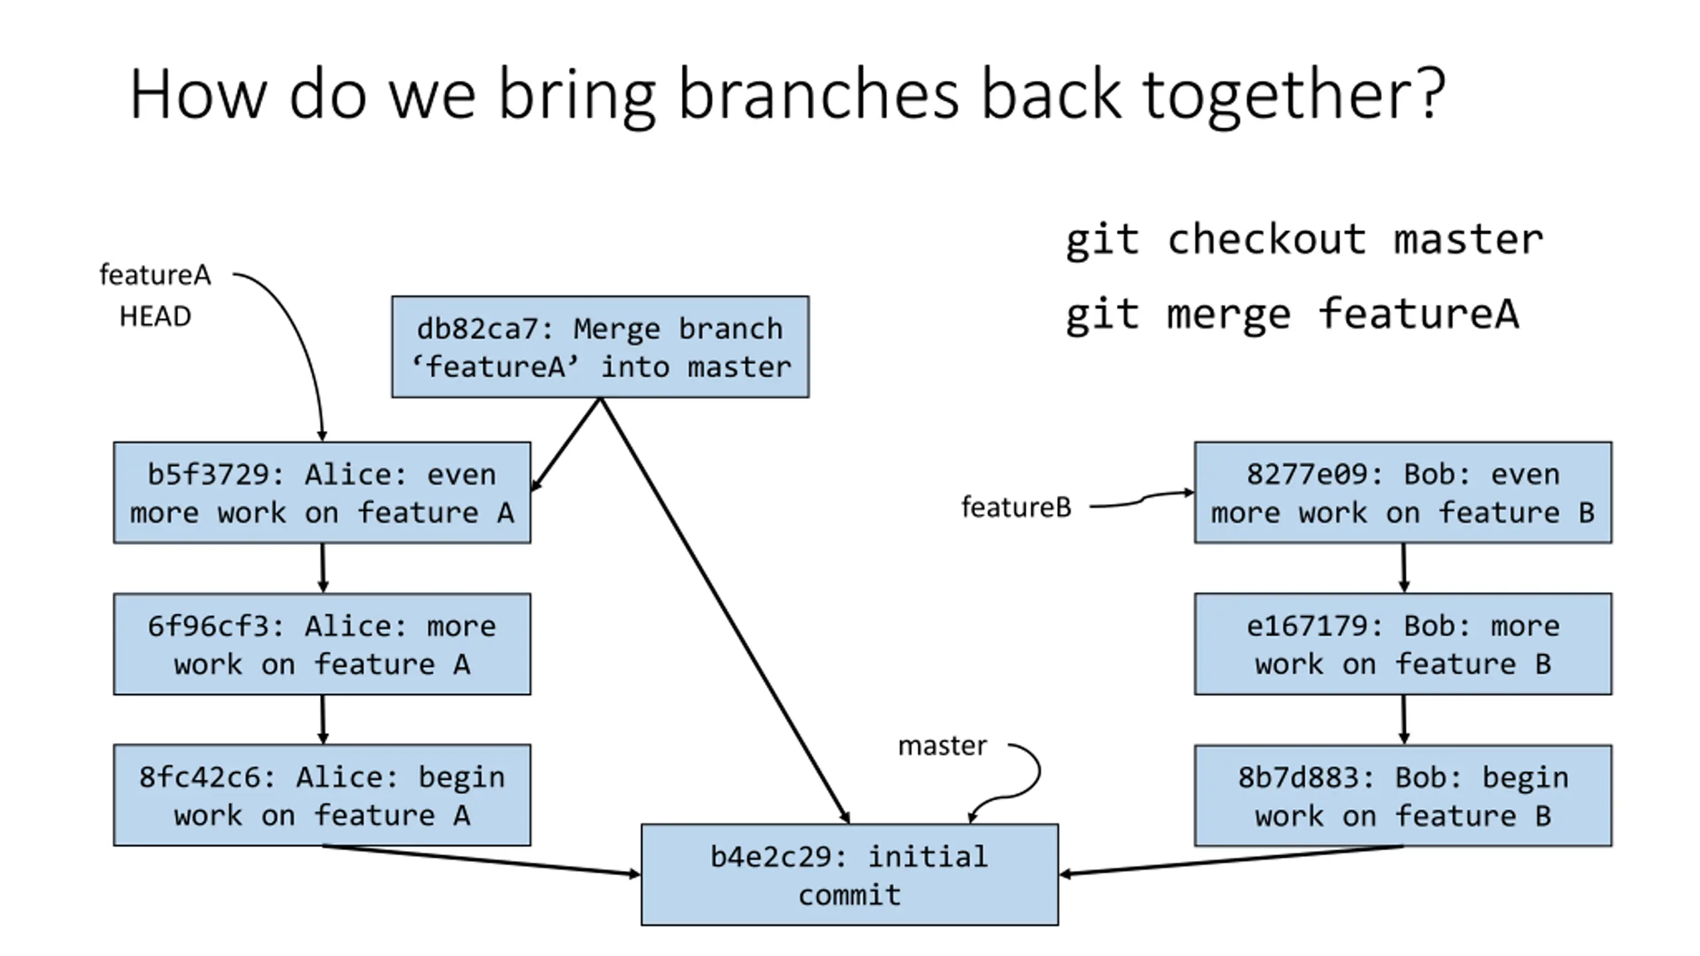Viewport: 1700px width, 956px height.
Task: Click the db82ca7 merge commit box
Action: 600,347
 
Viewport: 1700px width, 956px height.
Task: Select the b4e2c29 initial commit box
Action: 849,874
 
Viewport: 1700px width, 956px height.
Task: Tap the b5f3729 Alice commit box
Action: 322,493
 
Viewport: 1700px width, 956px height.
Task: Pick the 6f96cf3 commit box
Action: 322,644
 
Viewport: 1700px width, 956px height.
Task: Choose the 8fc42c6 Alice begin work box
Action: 322,795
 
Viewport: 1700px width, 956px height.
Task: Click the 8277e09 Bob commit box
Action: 1403,493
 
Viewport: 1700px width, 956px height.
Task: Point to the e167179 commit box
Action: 1403,644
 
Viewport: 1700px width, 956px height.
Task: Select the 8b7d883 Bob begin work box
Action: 1403,795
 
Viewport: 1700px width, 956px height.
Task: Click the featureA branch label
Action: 155,275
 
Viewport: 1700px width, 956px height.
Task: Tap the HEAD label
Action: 155,317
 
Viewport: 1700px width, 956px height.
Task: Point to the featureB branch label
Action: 1017,507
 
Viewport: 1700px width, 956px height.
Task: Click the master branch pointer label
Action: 942,746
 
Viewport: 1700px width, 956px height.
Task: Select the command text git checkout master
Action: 1304,240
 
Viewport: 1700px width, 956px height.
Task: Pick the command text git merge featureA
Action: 1292,315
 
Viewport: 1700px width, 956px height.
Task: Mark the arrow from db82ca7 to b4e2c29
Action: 724,611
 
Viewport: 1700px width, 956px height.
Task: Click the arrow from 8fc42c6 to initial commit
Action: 481,860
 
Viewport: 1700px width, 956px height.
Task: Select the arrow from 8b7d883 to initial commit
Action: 1231,860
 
